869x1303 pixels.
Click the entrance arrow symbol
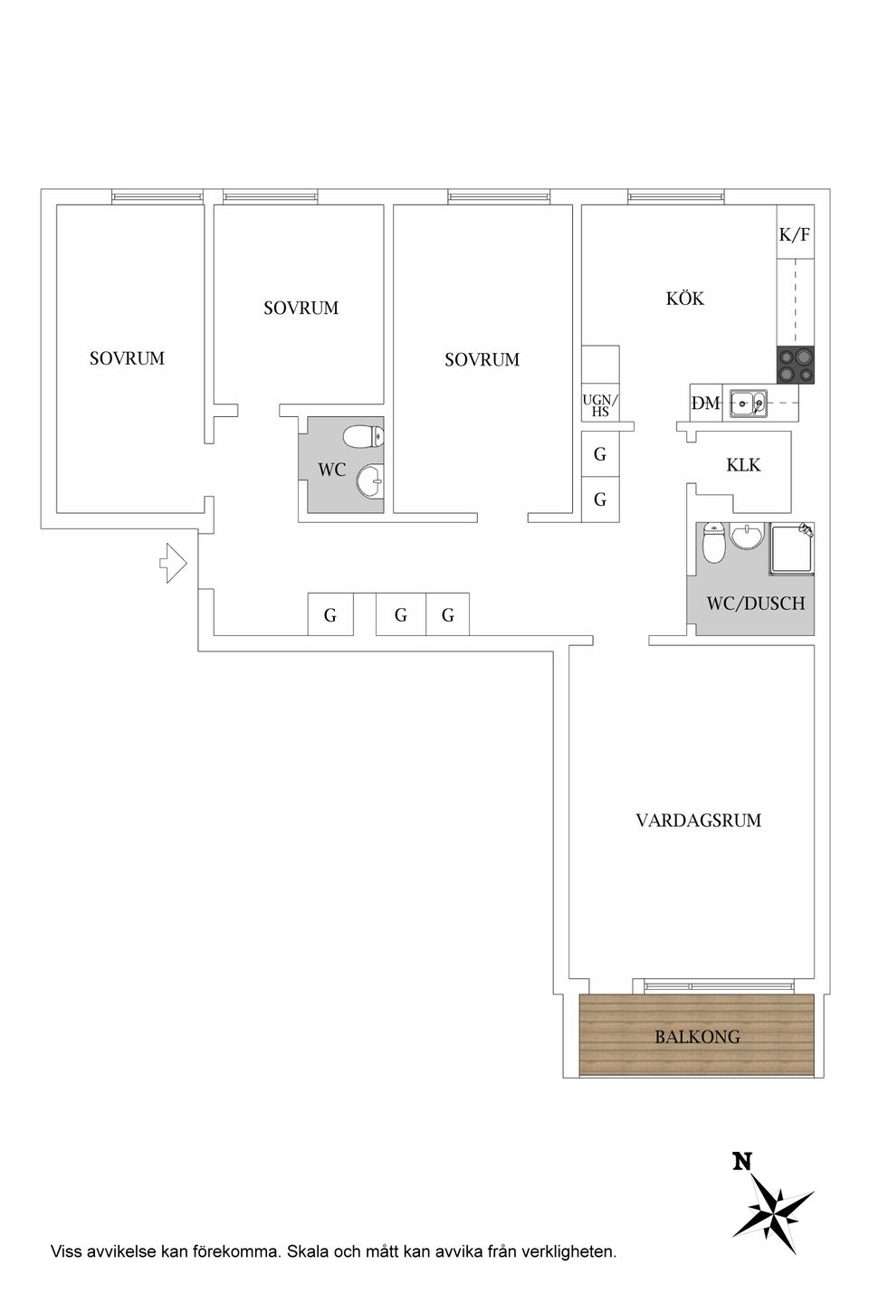tap(173, 564)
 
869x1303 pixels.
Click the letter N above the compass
tap(742, 1162)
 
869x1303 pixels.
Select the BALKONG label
tap(697, 1037)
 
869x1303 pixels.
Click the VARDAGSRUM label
tap(698, 821)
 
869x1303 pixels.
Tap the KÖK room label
tap(685, 299)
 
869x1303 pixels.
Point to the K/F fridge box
tap(795, 234)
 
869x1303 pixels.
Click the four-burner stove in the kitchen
tap(795, 365)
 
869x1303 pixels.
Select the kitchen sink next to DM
tap(749, 402)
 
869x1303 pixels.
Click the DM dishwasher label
tap(705, 404)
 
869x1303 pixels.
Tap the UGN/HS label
tap(600, 405)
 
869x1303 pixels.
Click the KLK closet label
tap(743, 465)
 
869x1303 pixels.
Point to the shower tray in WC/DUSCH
tap(791, 549)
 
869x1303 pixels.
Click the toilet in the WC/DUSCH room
tap(713, 544)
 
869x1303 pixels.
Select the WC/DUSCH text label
tap(755, 604)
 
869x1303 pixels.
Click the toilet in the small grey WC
tap(364, 438)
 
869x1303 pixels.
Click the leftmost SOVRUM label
tap(127, 358)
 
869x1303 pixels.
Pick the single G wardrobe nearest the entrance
tap(330, 615)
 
